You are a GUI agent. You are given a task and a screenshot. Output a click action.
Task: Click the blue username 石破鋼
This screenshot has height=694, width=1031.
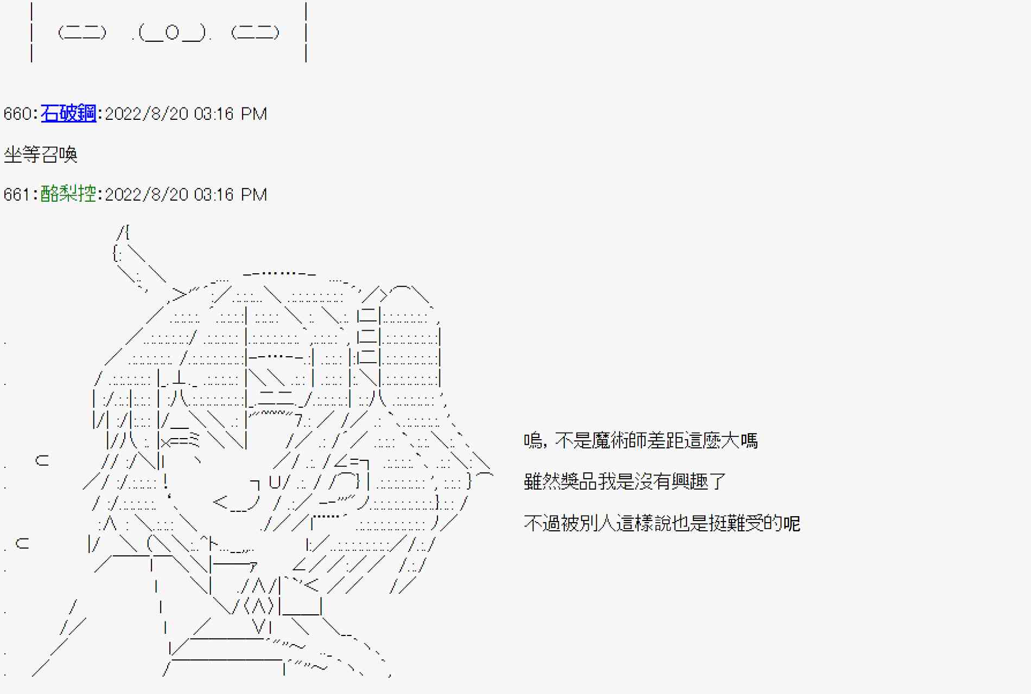(68, 113)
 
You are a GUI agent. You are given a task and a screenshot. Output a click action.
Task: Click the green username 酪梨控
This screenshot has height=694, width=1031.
(68, 194)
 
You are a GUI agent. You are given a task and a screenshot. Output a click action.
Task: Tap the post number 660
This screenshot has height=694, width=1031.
(17, 114)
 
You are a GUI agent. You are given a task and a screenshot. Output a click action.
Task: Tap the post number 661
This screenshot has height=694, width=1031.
(17, 195)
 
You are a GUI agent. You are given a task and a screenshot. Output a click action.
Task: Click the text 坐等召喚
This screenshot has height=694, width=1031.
(41, 155)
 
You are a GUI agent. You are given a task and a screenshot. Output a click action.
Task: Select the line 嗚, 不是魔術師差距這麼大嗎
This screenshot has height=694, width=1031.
(640, 441)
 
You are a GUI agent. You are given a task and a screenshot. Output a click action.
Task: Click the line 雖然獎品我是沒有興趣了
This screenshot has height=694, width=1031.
(625, 481)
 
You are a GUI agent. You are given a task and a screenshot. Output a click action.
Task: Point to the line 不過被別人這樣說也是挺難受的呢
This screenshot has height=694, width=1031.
(661, 523)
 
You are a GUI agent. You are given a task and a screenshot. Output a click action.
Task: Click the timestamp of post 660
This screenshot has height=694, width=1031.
(186, 114)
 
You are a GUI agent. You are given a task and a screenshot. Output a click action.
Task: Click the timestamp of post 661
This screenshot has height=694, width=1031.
(186, 195)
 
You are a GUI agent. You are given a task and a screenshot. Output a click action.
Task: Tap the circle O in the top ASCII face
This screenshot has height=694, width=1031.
(172, 33)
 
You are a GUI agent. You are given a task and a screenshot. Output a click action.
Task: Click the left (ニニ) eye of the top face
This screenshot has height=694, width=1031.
(82, 33)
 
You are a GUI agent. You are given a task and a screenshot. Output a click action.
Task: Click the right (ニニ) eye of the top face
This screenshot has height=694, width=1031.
(255, 33)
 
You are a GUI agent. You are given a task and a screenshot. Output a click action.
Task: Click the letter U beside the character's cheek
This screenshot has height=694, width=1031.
(275, 481)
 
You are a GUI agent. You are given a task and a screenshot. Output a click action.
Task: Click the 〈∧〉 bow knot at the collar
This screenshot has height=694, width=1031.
(259, 605)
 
